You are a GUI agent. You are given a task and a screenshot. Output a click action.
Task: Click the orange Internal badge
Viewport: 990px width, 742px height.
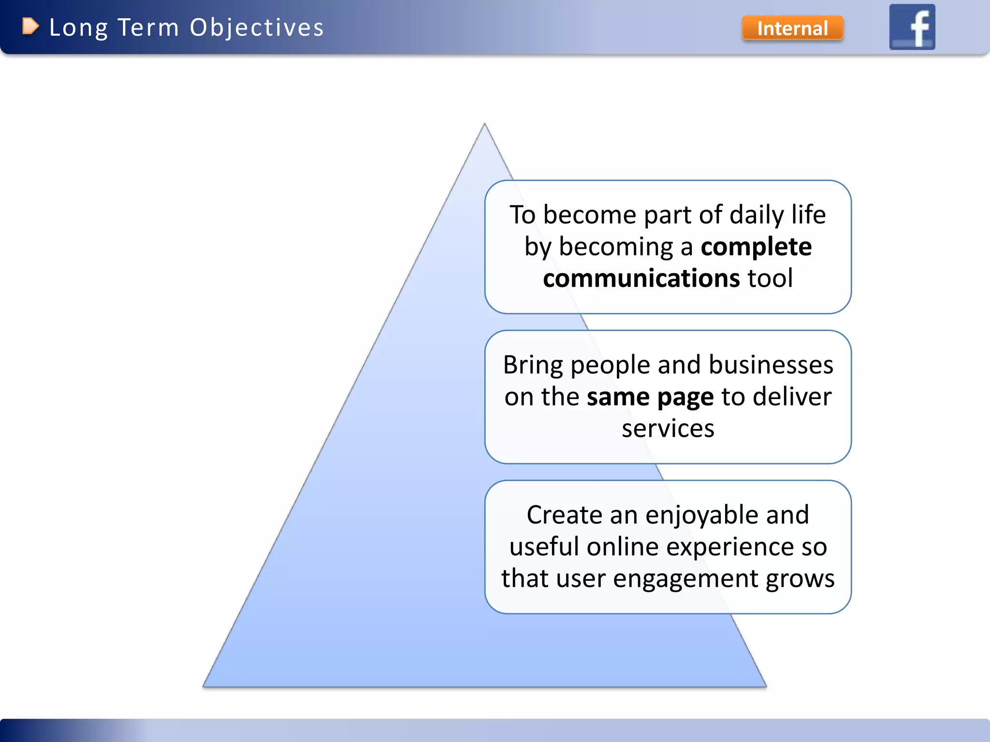792,28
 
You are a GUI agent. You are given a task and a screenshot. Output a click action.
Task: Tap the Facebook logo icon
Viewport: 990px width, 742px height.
912,27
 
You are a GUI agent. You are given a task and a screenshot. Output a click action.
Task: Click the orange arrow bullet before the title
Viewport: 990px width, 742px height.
30,27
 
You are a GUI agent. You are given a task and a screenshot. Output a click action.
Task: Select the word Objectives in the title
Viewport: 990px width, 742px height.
257,28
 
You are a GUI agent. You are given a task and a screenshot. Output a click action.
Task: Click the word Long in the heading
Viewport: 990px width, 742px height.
78,28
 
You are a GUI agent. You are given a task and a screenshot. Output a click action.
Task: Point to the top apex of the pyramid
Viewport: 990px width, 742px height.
484,125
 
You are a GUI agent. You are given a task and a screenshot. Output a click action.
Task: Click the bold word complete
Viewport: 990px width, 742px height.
756,247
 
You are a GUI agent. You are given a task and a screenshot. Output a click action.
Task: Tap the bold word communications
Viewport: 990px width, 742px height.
641,279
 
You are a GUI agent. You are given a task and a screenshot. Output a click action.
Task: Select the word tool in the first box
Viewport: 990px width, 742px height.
770,279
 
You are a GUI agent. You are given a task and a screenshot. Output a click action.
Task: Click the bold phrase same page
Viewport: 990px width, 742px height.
650,397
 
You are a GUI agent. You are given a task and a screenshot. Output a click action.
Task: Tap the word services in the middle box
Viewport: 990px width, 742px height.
668,428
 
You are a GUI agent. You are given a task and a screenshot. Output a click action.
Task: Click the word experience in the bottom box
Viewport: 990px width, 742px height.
730,547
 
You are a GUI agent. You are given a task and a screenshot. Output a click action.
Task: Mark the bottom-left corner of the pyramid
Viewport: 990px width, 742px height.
204,685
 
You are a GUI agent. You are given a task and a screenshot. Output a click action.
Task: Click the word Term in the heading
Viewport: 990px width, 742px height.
148,28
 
